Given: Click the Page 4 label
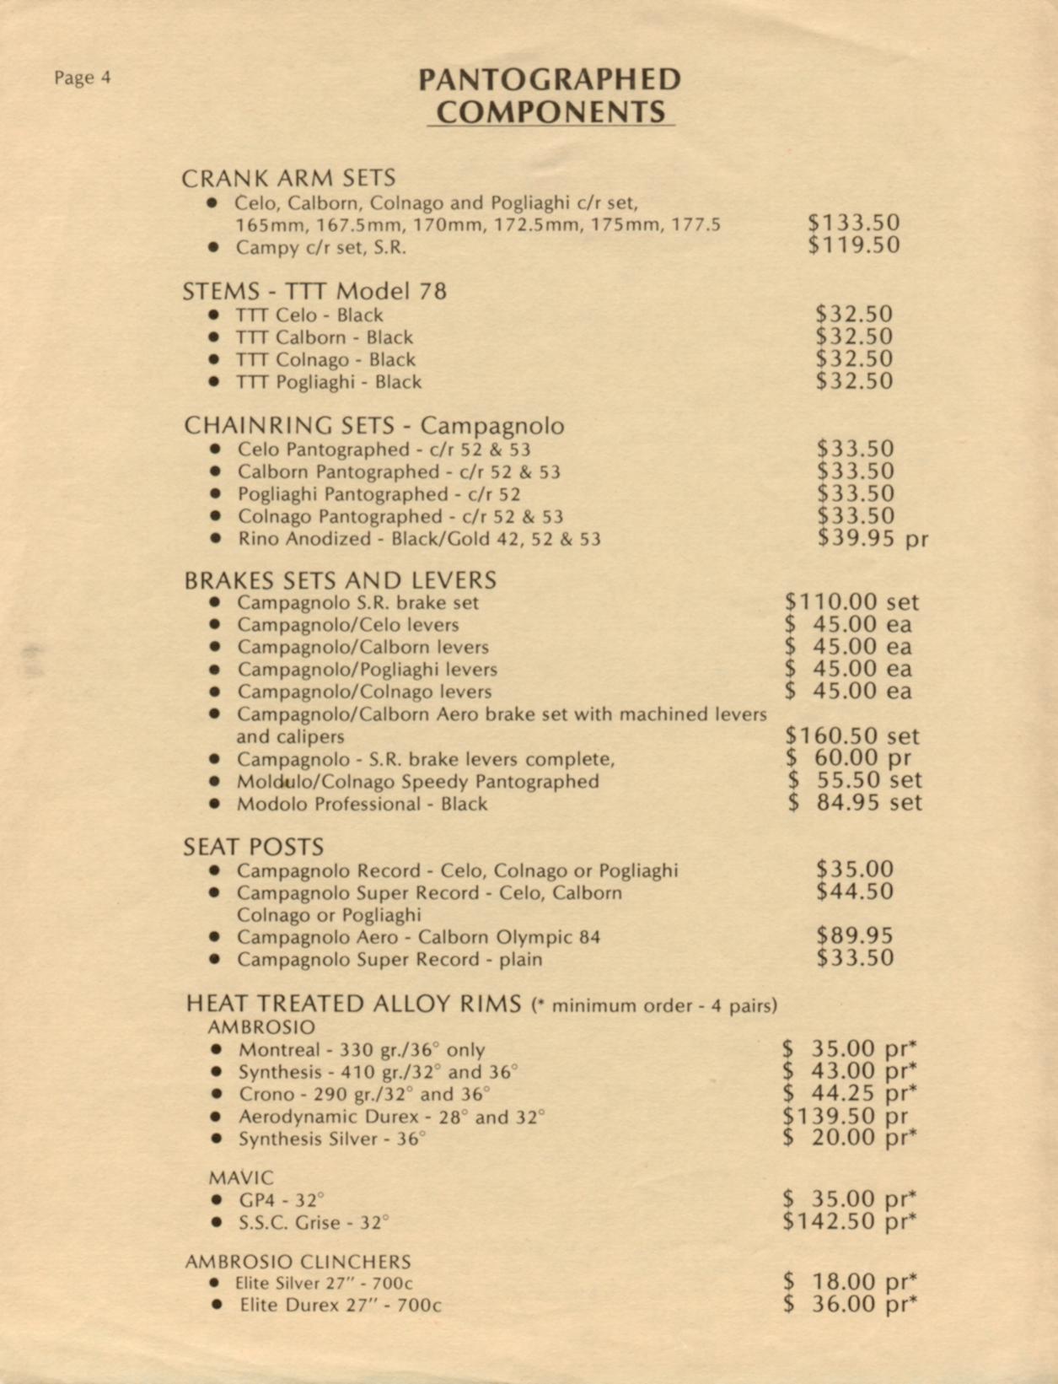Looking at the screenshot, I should click(x=82, y=78).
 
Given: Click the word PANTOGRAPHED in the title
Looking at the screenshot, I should click(x=550, y=80).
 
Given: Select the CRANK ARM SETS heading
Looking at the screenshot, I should click(x=288, y=179).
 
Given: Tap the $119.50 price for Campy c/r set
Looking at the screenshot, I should click(x=853, y=245).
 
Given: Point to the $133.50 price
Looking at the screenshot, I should click(x=853, y=223).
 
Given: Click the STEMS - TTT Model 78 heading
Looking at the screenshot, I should click(x=314, y=292).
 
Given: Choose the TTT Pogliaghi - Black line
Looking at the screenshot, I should click(x=328, y=382).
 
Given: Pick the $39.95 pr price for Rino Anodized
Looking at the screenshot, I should click(x=872, y=538).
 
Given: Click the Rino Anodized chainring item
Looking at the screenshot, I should click(x=419, y=539).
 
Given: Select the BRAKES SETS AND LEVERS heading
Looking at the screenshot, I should click(x=340, y=580).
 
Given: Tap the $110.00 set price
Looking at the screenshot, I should click(x=851, y=602).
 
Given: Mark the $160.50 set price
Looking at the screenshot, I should click(x=851, y=736).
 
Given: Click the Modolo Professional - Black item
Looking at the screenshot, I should click(x=362, y=804).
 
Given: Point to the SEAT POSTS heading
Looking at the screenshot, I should click(x=253, y=847).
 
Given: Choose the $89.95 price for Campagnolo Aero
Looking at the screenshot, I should click(x=854, y=935).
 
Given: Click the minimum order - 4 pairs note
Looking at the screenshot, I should click(x=655, y=1005).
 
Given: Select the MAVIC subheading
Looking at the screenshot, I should click(x=241, y=1177).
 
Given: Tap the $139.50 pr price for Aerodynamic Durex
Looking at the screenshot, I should click(x=846, y=1116).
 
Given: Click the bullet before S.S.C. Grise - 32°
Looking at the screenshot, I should click(x=217, y=1222).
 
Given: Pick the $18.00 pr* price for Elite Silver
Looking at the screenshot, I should click(x=849, y=1282).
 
